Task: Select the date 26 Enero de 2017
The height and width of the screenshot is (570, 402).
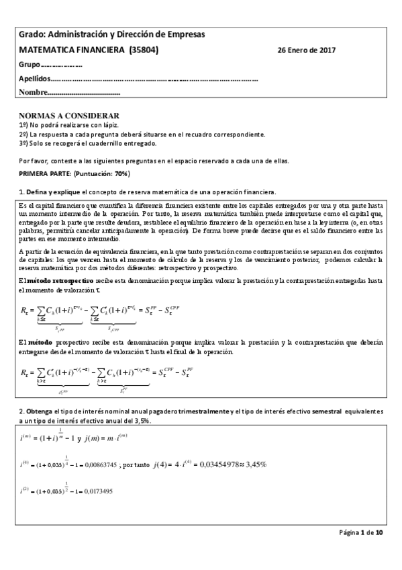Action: [x=307, y=50]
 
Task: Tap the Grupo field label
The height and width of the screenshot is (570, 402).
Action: [x=30, y=65]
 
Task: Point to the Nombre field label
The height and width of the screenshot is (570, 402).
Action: [x=34, y=92]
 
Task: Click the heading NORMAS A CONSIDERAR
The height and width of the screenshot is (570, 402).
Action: [x=69, y=116]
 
